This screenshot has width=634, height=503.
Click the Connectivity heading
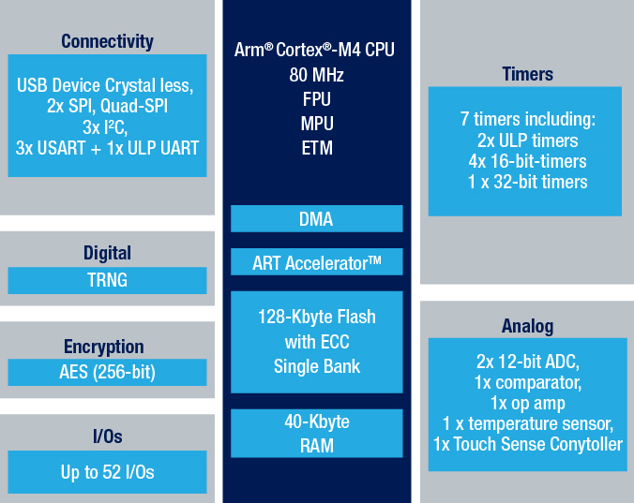click(x=107, y=41)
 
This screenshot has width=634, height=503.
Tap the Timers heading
click(x=528, y=74)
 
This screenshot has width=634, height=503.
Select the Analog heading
click(x=528, y=326)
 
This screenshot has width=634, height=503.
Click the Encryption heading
click(x=104, y=347)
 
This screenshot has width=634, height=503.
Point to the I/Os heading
click(x=108, y=436)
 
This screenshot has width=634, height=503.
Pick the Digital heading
click(x=107, y=254)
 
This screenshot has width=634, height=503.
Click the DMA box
click(x=317, y=219)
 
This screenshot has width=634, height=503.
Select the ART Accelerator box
click(x=317, y=262)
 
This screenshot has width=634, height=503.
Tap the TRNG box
click(x=107, y=280)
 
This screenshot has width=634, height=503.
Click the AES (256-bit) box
click(x=107, y=372)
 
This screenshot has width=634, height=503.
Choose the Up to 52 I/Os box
click(x=107, y=472)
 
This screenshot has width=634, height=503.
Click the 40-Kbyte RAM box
click(x=317, y=433)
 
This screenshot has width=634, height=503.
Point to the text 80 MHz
click(x=317, y=75)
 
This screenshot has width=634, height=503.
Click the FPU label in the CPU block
click(x=317, y=99)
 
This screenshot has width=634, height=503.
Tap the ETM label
click(x=317, y=148)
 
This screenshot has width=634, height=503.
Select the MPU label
click(x=317, y=124)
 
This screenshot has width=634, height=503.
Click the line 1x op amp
click(x=528, y=404)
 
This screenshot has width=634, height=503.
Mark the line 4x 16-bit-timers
click(x=528, y=161)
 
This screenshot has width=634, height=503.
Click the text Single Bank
click(x=317, y=366)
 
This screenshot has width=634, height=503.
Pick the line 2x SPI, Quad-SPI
click(x=107, y=106)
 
